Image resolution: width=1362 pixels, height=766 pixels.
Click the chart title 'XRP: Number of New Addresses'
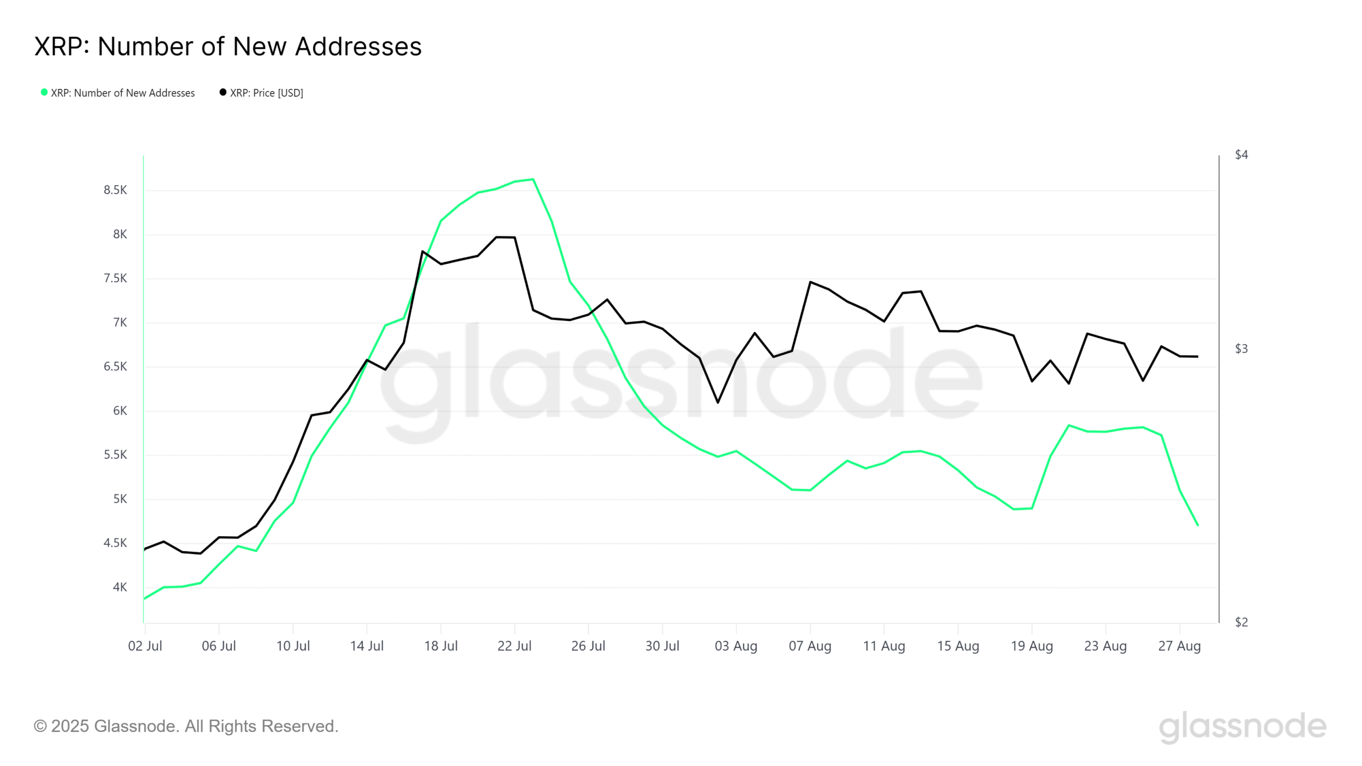pos(228,46)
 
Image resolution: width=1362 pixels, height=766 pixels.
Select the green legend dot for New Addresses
pos(44,93)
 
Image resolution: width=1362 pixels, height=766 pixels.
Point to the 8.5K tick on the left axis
pos(115,190)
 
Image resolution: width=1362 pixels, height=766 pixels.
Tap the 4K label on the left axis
pos(120,587)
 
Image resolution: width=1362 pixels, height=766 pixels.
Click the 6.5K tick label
pos(115,367)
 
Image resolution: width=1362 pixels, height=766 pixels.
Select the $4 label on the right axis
pos(1241,155)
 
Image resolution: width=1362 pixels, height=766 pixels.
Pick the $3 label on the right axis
pos(1241,349)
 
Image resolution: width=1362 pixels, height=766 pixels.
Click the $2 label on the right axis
pos(1241,622)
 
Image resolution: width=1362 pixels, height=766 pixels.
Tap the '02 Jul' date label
pos(145,646)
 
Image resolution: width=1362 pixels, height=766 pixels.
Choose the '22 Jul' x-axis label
pos(514,646)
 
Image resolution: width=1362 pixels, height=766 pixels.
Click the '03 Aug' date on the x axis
pos(736,646)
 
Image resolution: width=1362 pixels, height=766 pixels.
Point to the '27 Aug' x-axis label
pos(1180,646)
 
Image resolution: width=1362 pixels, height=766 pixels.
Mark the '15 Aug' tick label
pos(958,646)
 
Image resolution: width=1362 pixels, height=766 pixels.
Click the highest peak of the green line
pos(533,180)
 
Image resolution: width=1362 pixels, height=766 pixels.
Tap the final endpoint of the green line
pos(1198,526)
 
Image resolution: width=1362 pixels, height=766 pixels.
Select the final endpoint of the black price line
pos(1198,356)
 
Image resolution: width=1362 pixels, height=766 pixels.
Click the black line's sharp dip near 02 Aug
pos(718,402)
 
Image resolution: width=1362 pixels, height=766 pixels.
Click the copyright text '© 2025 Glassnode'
pos(186,726)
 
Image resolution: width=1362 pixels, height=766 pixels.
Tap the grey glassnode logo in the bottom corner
pos(1242,727)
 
